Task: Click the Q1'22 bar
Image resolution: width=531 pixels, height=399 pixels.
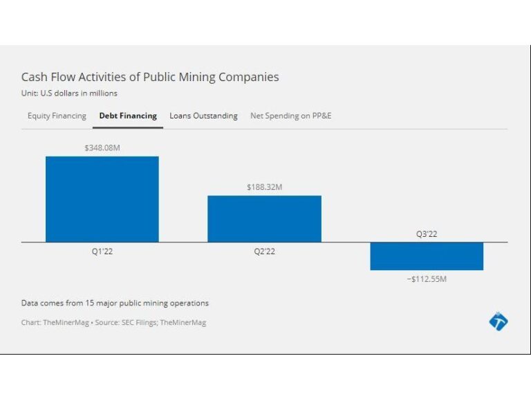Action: [102, 199]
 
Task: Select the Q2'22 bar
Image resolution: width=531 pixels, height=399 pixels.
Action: [264, 218]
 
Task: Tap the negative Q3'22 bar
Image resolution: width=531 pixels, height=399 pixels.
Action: [427, 256]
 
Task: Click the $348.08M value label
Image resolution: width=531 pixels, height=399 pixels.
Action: [102, 148]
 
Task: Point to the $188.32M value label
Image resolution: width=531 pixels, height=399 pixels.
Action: [264, 187]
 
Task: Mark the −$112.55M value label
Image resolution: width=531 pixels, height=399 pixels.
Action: [427, 278]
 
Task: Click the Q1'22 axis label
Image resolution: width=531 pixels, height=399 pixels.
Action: [102, 251]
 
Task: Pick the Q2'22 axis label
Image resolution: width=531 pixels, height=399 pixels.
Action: [264, 251]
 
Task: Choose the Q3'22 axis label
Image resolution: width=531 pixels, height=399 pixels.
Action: [427, 234]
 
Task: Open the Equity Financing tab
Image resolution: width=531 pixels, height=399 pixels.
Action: [57, 116]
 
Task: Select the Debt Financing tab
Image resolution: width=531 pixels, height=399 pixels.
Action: [128, 116]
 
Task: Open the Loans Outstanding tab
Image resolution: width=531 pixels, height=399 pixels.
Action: [203, 116]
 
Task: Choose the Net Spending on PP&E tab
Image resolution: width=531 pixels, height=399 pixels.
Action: [290, 116]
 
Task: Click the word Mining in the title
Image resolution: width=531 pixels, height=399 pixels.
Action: [196, 78]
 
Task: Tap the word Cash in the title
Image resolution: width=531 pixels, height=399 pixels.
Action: [35, 77]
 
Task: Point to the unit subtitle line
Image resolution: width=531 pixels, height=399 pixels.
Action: [69, 94]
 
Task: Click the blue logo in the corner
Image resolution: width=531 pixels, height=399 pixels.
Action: [498, 321]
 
